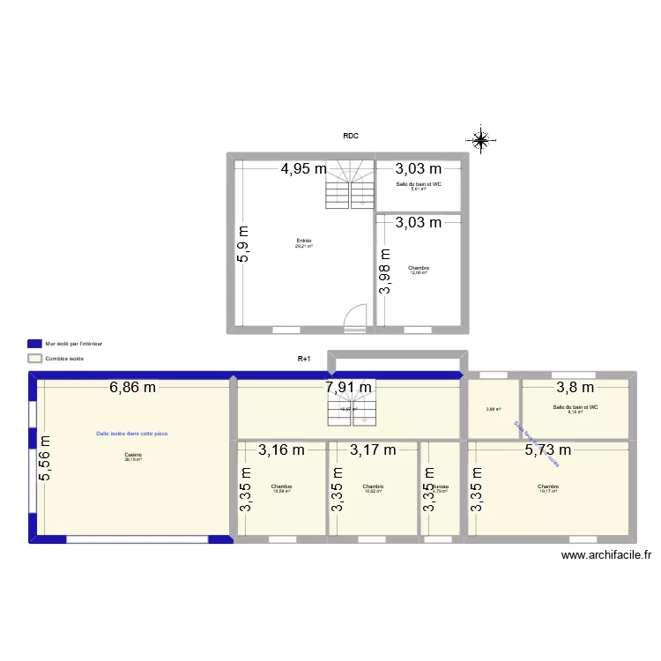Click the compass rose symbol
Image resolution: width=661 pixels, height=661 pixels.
point(481,139)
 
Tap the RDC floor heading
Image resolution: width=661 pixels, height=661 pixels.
point(351,136)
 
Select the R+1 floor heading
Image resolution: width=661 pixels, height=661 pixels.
point(304,359)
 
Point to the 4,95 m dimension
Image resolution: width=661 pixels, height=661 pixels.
point(304,169)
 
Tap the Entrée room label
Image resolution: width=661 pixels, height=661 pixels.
point(304,242)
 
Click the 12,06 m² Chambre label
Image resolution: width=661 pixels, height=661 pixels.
point(418,270)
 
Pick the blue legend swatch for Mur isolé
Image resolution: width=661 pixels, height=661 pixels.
point(35,343)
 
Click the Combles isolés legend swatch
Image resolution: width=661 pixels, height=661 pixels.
point(35,359)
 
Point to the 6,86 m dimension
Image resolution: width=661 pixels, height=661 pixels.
point(133,387)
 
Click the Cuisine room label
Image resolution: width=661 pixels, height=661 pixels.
point(133,457)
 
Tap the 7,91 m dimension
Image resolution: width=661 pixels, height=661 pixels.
point(349,387)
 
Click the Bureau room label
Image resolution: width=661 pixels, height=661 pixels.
point(440,487)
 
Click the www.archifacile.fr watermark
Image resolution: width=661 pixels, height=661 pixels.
point(605,555)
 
